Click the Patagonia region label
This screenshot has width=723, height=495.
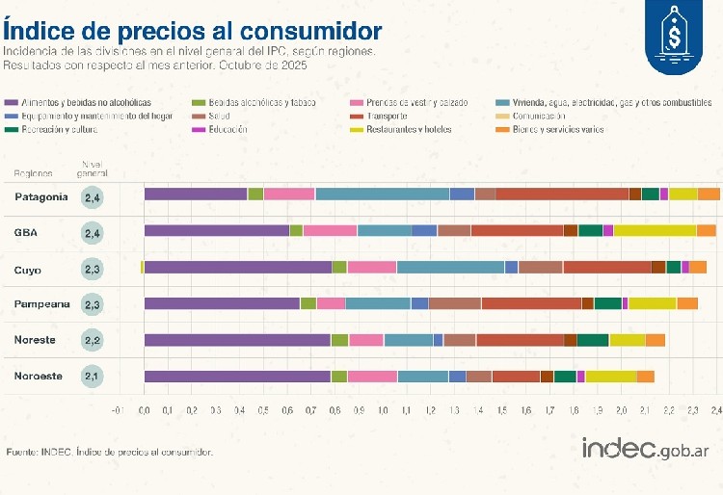point(41,196)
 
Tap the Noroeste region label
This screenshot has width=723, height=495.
point(41,376)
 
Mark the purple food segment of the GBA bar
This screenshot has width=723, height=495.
point(216,230)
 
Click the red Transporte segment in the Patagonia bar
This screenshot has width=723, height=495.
point(562,195)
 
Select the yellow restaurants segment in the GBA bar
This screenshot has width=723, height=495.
point(655,230)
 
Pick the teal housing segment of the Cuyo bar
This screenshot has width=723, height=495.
point(450,267)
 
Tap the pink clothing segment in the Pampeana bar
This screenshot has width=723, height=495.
point(331,303)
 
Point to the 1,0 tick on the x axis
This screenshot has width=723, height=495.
point(383,410)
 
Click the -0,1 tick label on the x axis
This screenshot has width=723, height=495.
point(118,410)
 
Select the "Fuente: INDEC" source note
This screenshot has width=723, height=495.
point(109,452)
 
